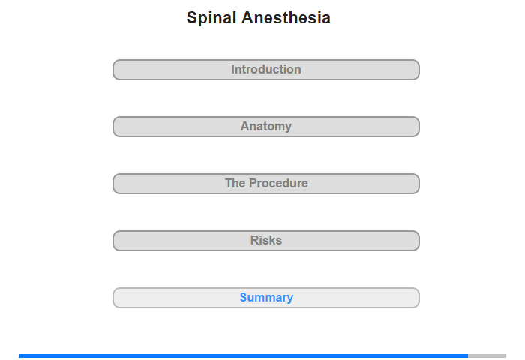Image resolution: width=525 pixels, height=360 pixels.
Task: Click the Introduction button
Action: click(266, 70)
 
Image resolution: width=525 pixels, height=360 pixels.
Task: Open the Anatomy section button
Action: click(266, 127)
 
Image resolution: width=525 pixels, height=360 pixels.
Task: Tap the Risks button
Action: click(266, 241)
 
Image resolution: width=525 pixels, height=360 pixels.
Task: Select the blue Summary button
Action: click(266, 298)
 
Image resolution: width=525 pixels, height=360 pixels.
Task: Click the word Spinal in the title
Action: click(211, 18)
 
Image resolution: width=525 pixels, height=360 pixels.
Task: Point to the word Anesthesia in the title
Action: click(286, 17)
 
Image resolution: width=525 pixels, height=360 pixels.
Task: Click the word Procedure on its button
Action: click(278, 184)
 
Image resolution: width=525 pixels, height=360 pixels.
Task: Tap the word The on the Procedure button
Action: click(235, 184)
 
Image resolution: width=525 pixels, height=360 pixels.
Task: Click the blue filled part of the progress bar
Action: click(244, 355)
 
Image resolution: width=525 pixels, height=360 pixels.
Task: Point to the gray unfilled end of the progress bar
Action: click(487, 355)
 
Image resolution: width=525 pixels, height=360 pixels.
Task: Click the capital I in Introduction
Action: click(232, 69)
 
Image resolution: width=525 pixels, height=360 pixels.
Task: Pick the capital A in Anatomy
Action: click(245, 126)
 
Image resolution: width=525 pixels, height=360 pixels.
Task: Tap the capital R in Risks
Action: click(255, 240)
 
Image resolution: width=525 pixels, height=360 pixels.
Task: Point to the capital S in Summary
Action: click(244, 297)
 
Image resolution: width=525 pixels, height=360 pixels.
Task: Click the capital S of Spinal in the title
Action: click(192, 17)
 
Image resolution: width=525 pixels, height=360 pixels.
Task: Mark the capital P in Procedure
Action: click(253, 183)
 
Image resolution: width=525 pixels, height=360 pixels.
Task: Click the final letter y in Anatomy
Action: click(288, 128)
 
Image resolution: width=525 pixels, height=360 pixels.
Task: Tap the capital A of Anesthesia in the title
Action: click(247, 17)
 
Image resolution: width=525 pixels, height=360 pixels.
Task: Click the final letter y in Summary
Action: click(290, 298)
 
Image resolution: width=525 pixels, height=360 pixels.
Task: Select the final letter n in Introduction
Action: click(298, 70)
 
